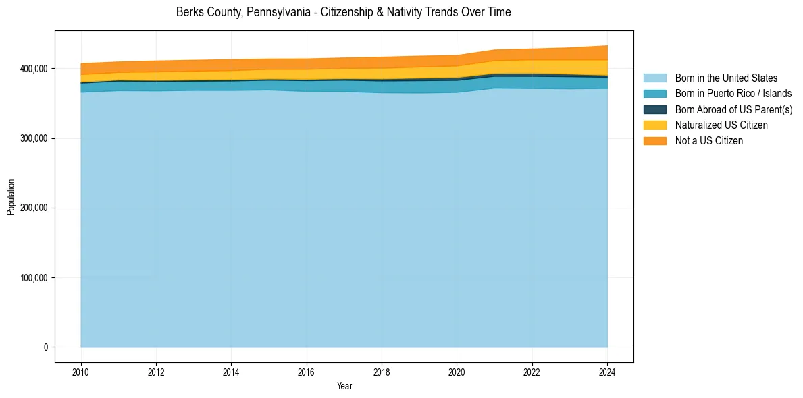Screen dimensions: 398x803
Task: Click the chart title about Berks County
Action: pos(343,12)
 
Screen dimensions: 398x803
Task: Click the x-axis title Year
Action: pos(344,386)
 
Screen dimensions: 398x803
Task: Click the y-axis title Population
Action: pos(11,197)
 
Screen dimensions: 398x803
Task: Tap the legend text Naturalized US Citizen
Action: pos(721,125)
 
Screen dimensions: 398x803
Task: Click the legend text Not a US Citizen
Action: pos(709,141)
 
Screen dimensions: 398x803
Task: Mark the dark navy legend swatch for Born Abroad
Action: pos(654,109)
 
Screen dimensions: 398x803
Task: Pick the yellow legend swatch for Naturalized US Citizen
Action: pos(654,125)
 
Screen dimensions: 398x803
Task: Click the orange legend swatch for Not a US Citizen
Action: pos(654,141)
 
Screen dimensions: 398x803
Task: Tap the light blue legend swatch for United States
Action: pos(654,78)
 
